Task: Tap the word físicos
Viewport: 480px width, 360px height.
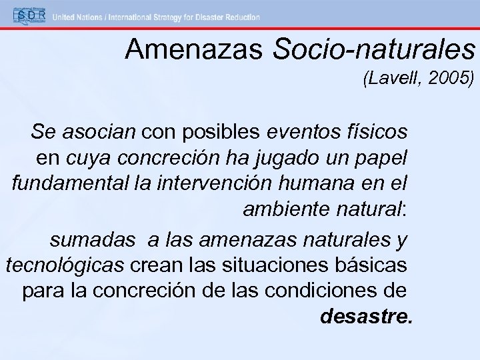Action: click(x=375, y=132)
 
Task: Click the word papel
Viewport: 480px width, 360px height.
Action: click(x=387, y=159)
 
